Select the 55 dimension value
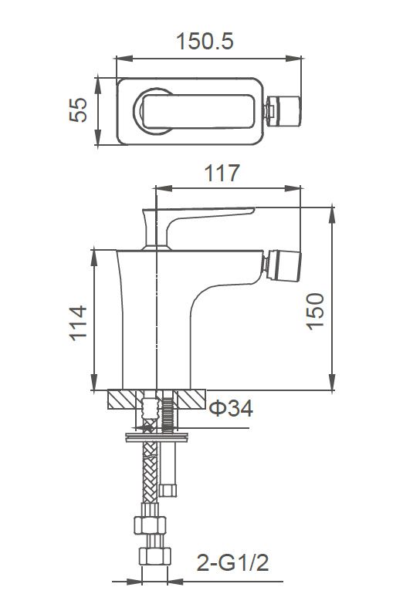pos(78,110)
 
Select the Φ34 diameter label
pos(231,409)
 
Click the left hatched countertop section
pos(124,400)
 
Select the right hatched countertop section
pos(191,400)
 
